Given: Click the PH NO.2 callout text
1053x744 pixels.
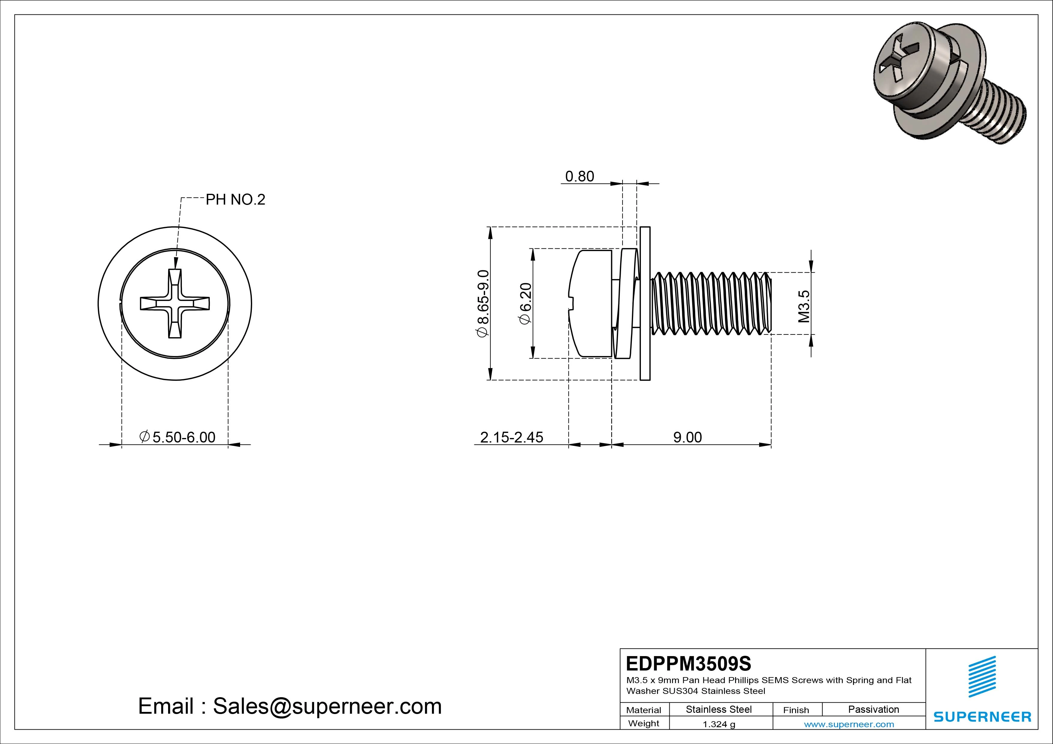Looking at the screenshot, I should pyautogui.click(x=235, y=200).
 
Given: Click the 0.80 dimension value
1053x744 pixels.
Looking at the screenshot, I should pyautogui.click(x=579, y=176).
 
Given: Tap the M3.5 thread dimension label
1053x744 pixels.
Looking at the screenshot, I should pyautogui.click(x=804, y=306).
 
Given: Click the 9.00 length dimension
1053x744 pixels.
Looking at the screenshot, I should pyautogui.click(x=687, y=437).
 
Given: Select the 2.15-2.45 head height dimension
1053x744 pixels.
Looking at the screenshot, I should pyautogui.click(x=511, y=437).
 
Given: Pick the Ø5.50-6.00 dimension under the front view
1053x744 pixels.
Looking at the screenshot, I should pyautogui.click(x=177, y=437).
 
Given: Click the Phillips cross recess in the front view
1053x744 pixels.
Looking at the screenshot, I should pyautogui.click(x=175, y=304).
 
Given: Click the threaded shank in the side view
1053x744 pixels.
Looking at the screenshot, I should pyautogui.click(x=711, y=304).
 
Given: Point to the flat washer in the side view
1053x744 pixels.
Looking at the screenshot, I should pyautogui.click(x=645, y=304).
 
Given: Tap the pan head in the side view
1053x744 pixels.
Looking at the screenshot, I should pyautogui.click(x=591, y=304).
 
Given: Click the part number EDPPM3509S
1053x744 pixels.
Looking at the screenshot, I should pyautogui.click(x=688, y=663).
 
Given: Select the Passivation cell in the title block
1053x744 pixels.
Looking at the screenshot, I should pyautogui.click(x=873, y=709).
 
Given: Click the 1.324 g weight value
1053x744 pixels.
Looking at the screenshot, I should pyautogui.click(x=719, y=724).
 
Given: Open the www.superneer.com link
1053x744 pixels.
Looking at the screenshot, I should pyautogui.click(x=849, y=724).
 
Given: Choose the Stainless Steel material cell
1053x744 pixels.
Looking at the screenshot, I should pyautogui.click(x=719, y=709).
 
